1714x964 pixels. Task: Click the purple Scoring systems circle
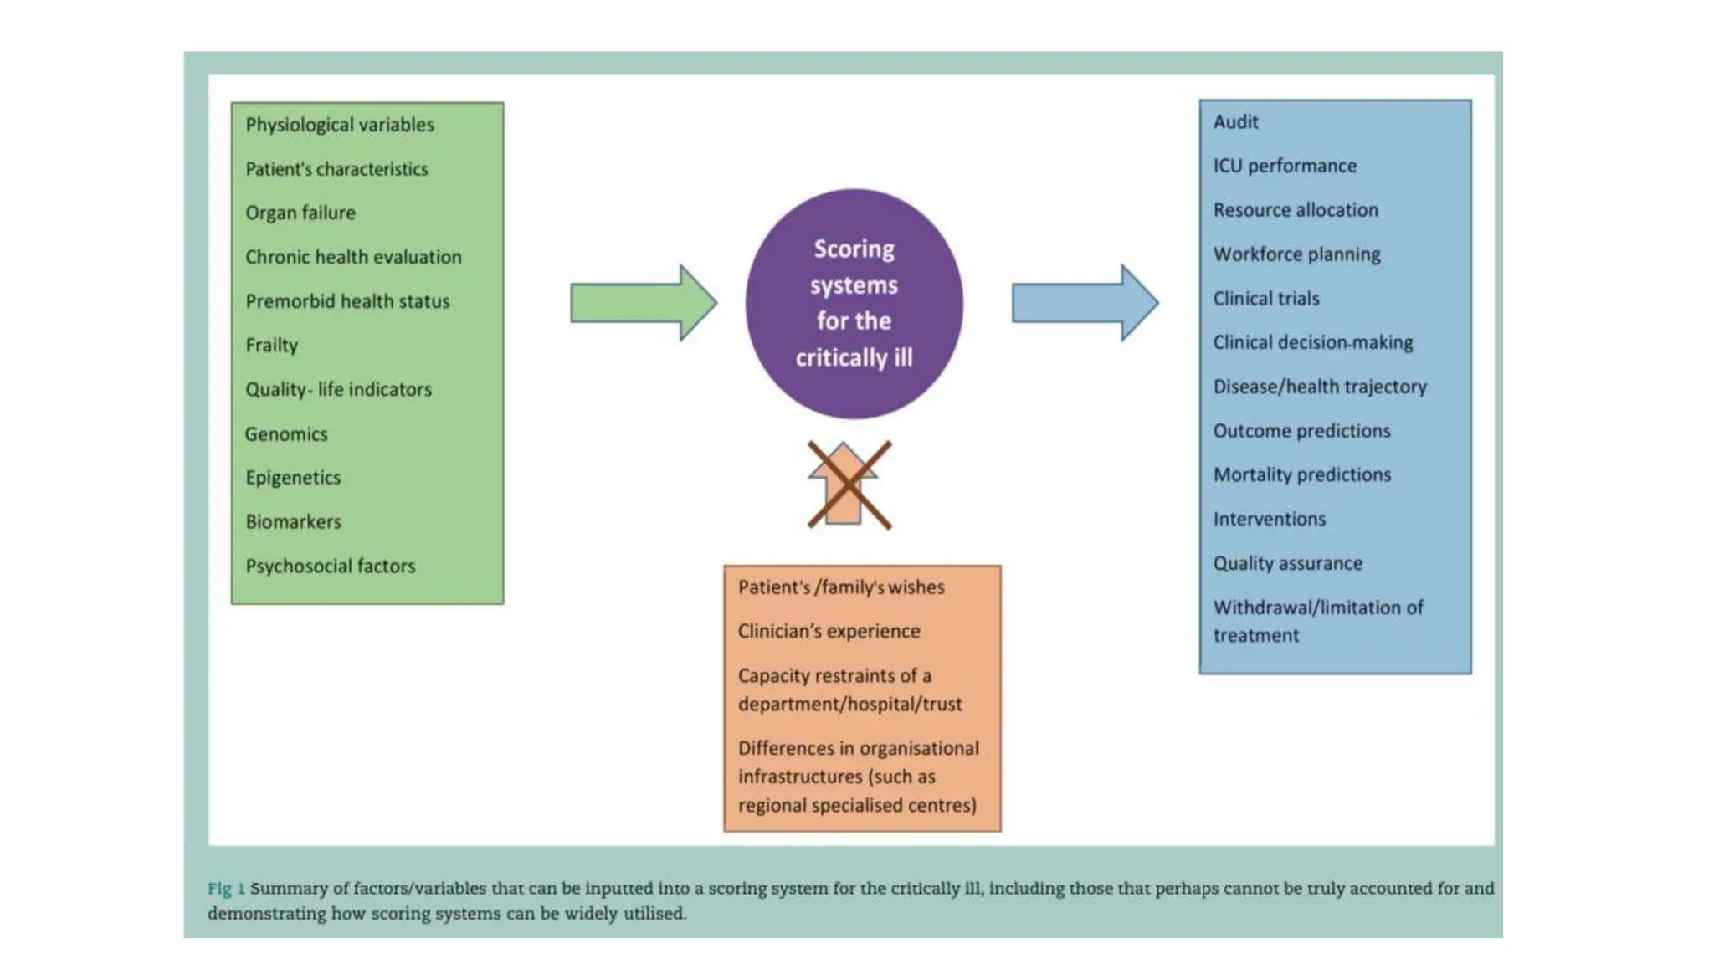(854, 303)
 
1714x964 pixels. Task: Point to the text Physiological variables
(340, 125)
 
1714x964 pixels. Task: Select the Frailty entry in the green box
(271, 345)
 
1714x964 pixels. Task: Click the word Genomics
(286, 434)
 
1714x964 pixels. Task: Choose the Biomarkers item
(293, 522)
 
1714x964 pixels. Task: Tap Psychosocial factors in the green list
(330, 567)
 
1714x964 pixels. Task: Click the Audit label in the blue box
(1235, 122)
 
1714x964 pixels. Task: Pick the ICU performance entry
(1285, 166)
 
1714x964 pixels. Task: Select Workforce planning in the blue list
(1296, 254)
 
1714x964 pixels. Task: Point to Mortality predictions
(1301, 475)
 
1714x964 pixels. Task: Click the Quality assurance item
(1287, 564)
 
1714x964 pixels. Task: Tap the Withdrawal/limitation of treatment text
(1317, 621)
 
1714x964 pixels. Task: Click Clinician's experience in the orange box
(829, 632)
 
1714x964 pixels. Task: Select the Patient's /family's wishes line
(840, 587)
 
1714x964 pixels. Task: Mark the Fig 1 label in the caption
(226, 889)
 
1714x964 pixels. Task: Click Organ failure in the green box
(300, 213)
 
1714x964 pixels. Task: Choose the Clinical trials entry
(1265, 299)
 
